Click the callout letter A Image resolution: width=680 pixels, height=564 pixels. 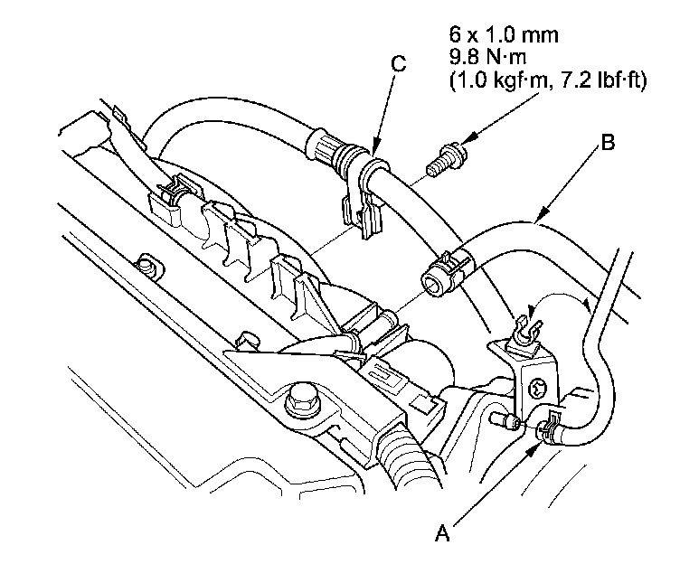point(442,534)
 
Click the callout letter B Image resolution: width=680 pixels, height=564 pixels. point(609,142)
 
